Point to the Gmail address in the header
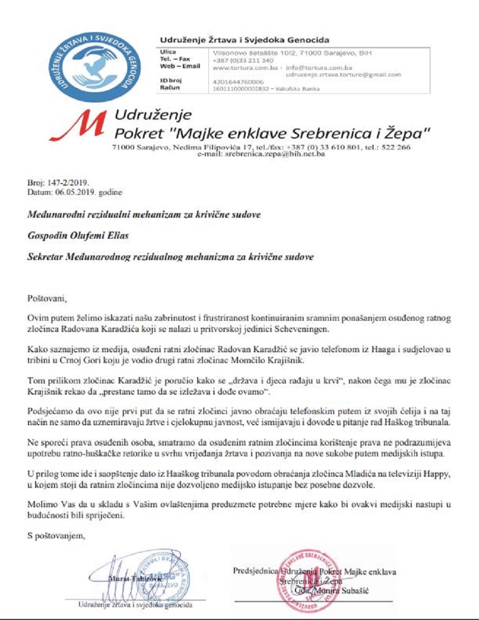(x=343, y=74)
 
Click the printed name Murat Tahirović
(x=128, y=579)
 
